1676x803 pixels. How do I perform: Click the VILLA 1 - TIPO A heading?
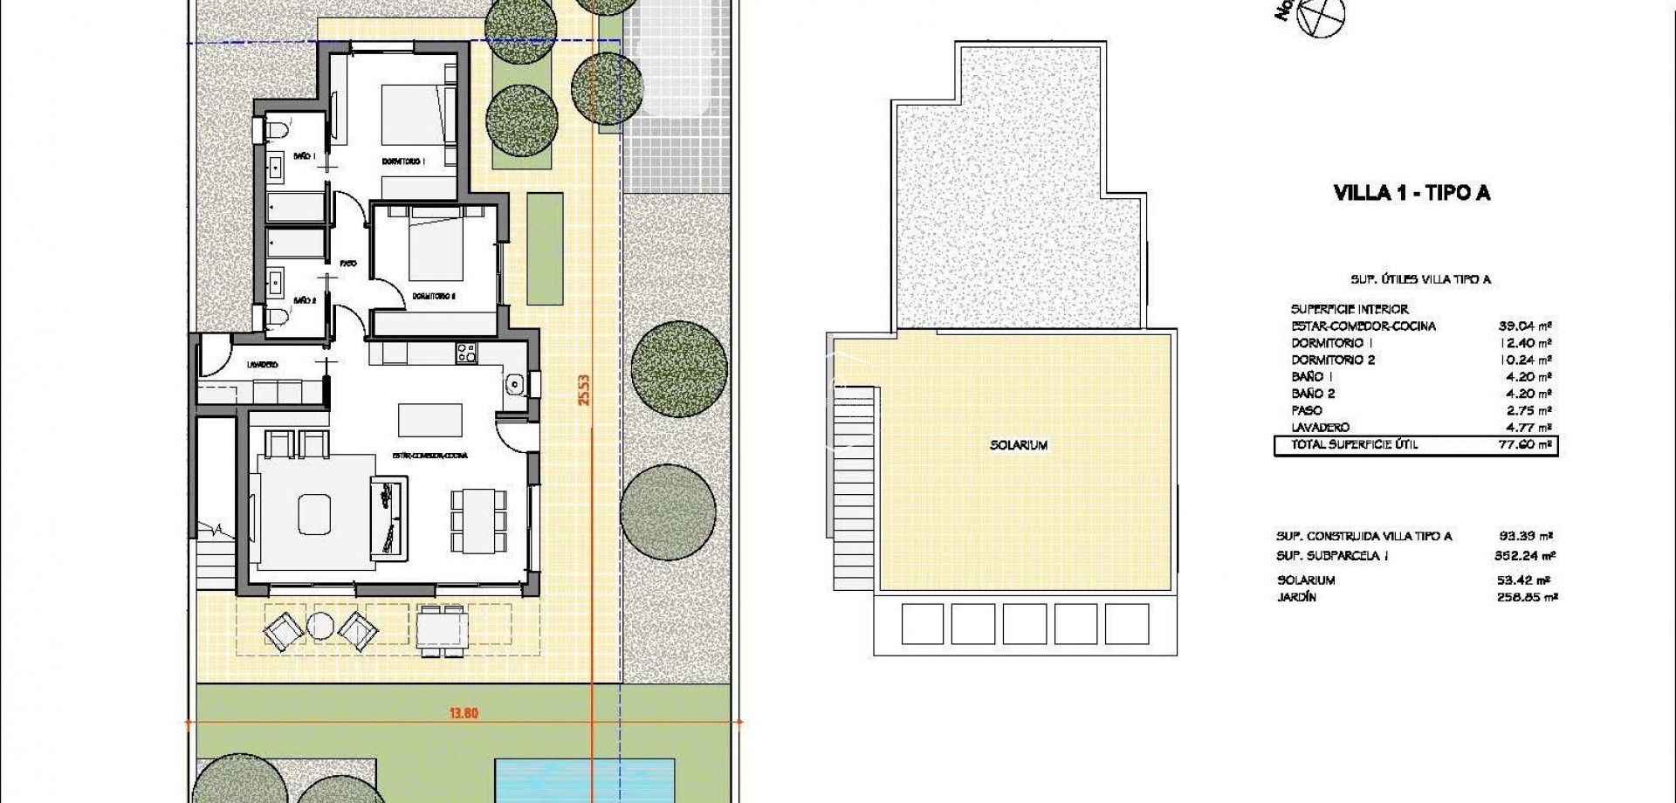(1412, 194)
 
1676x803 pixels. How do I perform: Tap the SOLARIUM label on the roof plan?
(1019, 445)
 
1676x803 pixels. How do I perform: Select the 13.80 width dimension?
(464, 713)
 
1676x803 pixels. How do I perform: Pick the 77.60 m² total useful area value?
(1524, 445)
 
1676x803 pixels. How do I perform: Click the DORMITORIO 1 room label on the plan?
(403, 161)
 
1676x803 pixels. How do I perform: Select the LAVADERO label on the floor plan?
(262, 365)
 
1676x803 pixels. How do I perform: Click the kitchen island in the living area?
(430, 419)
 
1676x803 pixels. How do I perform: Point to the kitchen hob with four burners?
(466, 353)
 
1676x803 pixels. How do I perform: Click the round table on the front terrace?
(319, 626)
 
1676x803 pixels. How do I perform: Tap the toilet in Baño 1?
(277, 131)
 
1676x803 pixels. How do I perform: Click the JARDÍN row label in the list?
(1295, 598)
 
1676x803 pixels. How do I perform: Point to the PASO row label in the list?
(1307, 410)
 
